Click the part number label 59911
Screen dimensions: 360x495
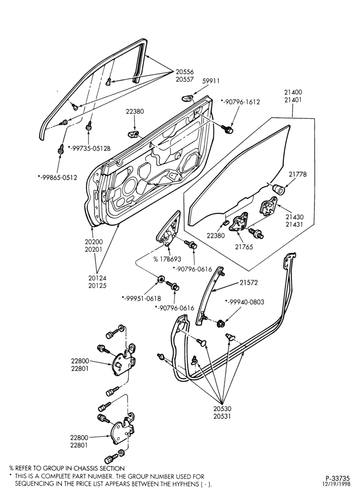tap(211, 81)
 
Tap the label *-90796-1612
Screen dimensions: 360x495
tap(240, 102)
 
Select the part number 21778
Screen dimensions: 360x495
tap(298, 174)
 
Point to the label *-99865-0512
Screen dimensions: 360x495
tap(57, 177)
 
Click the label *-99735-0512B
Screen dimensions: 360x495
tap(89, 148)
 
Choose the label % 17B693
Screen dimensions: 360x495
tap(167, 259)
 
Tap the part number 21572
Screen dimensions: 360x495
tap(249, 283)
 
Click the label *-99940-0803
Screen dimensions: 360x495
tap(245, 302)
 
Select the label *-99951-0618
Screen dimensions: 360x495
tap(141, 298)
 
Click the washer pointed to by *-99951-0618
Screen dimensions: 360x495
tap(160, 279)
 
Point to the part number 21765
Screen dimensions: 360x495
tap(244, 247)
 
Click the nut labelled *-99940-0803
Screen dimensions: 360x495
tap(221, 323)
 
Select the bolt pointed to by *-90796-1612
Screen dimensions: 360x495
tap(228, 129)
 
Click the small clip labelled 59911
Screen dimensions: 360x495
tap(187, 98)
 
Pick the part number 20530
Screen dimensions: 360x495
tap(222, 408)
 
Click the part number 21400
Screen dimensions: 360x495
tap(293, 92)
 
